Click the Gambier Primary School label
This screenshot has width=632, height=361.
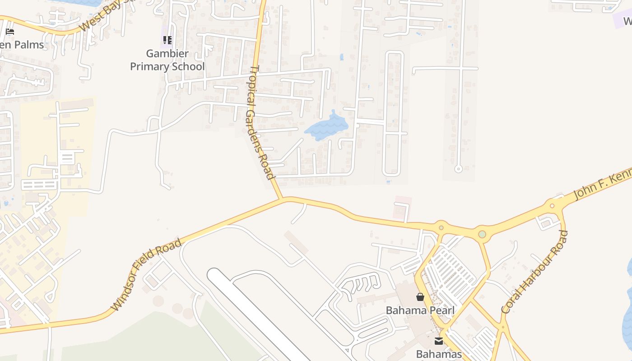tap(167, 60)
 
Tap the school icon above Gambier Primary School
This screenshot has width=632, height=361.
tap(167, 40)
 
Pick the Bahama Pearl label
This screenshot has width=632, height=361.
tap(420, 310)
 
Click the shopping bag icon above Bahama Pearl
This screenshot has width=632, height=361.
tap(420, 297)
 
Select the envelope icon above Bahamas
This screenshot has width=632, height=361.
tap(439, 341)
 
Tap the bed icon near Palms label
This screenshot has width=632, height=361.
tap(10, 32)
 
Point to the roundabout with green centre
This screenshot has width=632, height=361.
tap(482, 234)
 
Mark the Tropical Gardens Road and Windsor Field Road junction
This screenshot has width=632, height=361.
tap(282, 199)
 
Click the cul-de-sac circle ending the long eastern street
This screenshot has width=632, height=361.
tap(458, 169)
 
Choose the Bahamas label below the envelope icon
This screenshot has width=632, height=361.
tap(439, 354)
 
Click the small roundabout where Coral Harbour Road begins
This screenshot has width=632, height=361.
tap(552, 206)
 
